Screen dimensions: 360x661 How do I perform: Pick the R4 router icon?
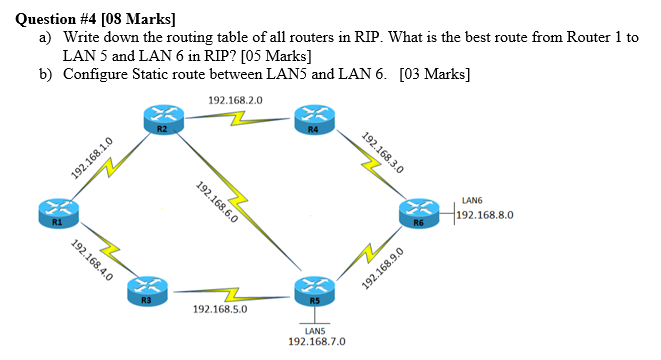pos(314,121)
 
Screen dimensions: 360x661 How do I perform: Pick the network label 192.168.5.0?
pos(220,310)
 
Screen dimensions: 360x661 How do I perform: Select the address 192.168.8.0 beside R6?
pos(486,214)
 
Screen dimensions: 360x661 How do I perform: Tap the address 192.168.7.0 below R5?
pos(316,341)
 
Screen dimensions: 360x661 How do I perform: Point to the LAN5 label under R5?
pos(314,330)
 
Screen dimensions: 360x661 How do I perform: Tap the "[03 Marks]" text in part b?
pos(434,74)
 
